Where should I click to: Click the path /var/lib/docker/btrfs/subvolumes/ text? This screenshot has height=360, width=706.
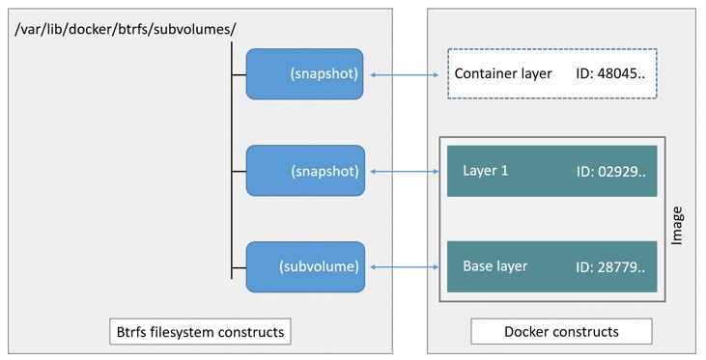(126, 29)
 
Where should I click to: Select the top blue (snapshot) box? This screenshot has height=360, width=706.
(304, 73)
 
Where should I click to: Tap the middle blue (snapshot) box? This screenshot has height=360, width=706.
(304, 171)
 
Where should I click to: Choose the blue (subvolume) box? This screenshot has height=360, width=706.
(304, 266)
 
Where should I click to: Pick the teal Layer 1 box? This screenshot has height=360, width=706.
(551, 171)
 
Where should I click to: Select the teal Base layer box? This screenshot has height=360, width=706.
(551, 266)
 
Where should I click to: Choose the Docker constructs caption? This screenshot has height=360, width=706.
(561, 332)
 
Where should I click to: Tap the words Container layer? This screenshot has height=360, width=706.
(502, 73)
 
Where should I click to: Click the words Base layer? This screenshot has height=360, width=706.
(495, 266)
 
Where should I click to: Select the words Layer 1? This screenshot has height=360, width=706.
(486, 171)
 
